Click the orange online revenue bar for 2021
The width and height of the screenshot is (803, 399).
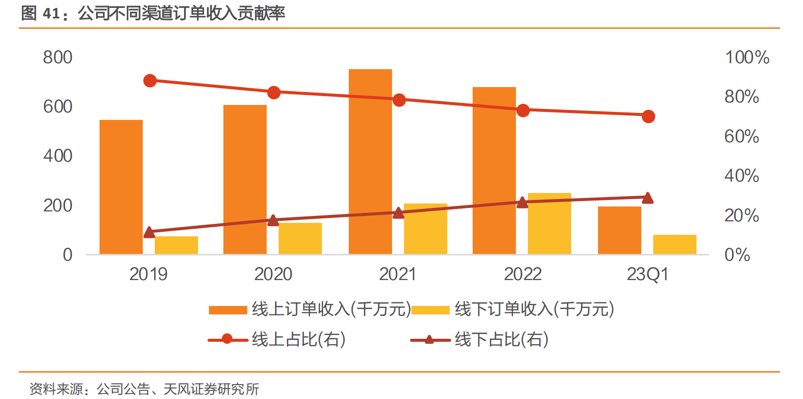click(x=370, y=162)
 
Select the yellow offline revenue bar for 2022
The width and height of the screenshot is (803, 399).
click(x=549, y=224)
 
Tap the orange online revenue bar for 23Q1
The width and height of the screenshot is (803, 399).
click(x=619, y=230)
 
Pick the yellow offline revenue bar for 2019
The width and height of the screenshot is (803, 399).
click(x=176, y=245)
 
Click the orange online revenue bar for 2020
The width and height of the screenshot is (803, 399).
click(x=245, y=180)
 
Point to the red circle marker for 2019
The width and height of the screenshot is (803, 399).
click(x=150, y=81)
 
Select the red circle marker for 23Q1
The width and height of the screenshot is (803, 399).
click(x=648, y=116)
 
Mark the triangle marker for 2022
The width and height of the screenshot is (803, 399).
click(x=522, y=202)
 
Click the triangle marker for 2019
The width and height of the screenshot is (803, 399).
click(x=149, y=232)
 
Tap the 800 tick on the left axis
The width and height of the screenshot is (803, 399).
click(x=58, y=57)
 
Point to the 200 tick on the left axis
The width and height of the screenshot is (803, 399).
click(x=58, y=205)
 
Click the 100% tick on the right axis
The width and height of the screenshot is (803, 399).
click(x=747, y=57)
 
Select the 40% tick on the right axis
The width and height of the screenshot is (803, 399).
click(x=741, y=176)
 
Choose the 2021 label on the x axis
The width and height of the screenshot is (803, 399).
click(x=398, y=274)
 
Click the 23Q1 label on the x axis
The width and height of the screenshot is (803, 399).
click(x=647, y=274)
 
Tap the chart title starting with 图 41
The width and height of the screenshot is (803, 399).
click(x=153, y=13)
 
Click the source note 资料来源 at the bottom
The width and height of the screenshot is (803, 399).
click(x=144, y=389)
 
